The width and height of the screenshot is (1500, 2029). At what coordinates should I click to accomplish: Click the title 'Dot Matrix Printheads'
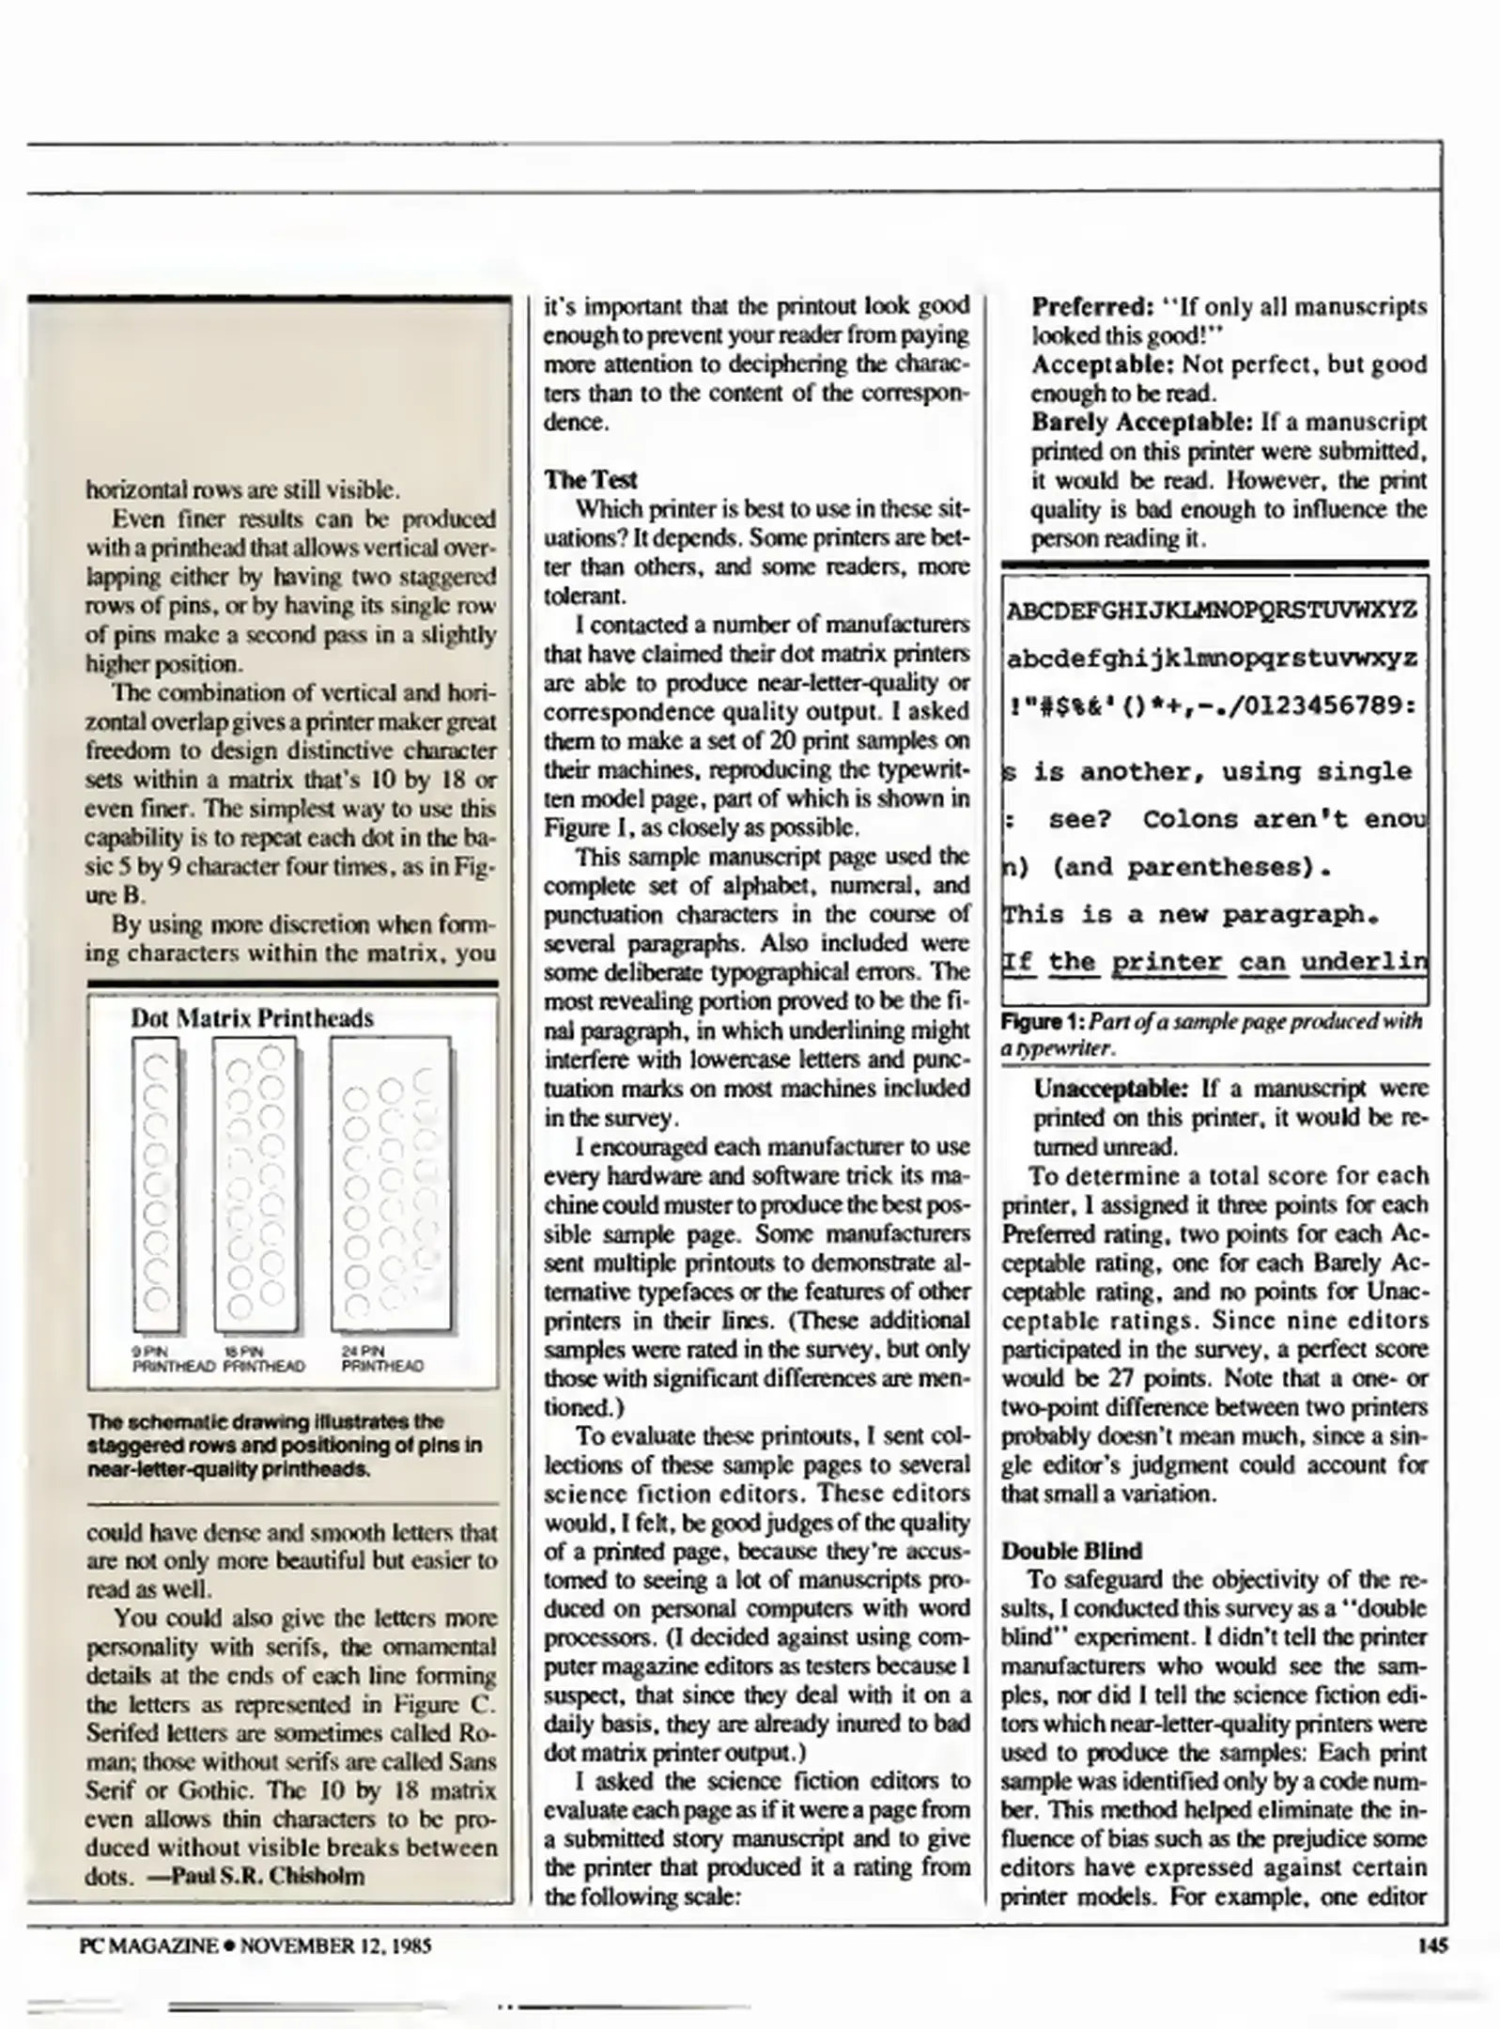click(252, 1018)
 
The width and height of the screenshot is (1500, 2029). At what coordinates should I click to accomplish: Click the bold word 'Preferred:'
click(1092, 307)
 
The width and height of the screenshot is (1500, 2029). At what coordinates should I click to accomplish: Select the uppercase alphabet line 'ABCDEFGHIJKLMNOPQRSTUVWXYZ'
click(1212, 612)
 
